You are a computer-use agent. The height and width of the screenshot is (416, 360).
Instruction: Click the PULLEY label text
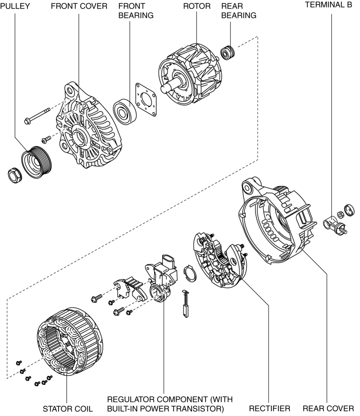pos(15,7)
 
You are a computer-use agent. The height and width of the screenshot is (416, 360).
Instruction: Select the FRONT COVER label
pos(79,7)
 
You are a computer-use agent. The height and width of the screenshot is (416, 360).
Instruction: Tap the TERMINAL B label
pos(328,4)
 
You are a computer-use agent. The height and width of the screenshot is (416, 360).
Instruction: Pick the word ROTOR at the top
pos(196,7)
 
